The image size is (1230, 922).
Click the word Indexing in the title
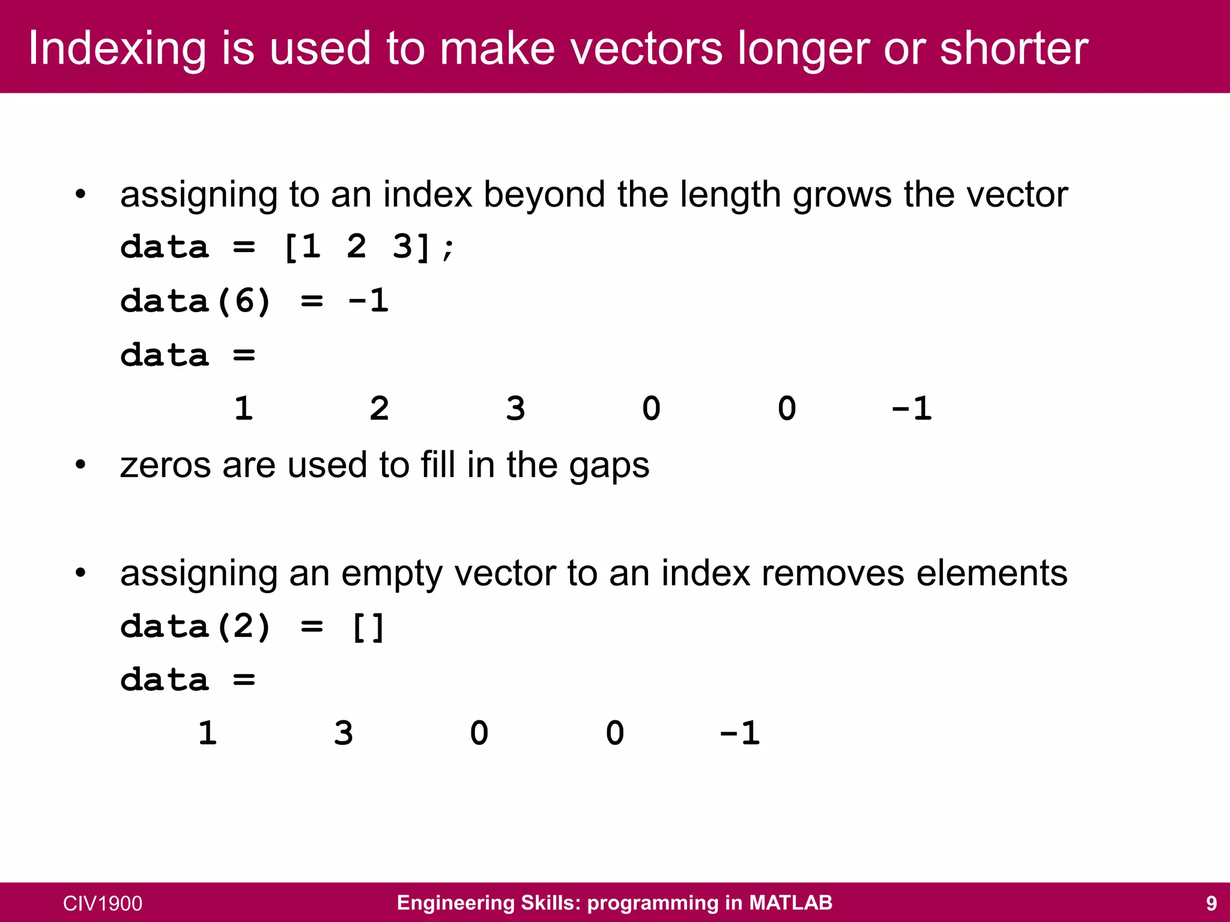[117, 48]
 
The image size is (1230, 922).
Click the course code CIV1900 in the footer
[103, 903]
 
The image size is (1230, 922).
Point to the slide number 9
[1211, 903]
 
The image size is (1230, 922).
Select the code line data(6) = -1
[255, 301]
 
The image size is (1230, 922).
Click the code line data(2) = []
[252, 627]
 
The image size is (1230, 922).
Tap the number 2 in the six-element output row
[379, 409]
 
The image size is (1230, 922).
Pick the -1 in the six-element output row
[912, 409]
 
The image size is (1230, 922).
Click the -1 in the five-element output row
[740, 733]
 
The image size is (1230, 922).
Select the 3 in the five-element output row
[344, 733]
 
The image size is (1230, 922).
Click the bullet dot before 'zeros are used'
[80, 465]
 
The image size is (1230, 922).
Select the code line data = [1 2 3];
[288, 247]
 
